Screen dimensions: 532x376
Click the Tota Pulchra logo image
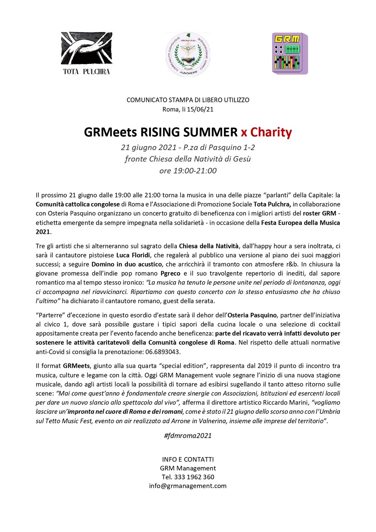pos(86,53)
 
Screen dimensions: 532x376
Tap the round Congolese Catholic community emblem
pos(188,55)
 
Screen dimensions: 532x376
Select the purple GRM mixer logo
pos(290,53)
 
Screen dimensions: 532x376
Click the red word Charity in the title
pos(271,132)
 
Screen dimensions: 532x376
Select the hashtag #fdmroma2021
pos(188,436)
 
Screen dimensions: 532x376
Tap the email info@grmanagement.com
pos(188,486)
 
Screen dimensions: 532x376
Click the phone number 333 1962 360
pos(194,477)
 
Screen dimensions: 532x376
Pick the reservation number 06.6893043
pos(163,352)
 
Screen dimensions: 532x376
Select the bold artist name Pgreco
pos(170,274)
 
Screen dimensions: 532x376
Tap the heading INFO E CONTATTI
pos(188,459)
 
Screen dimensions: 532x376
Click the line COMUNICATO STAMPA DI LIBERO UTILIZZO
pos(188,100)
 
